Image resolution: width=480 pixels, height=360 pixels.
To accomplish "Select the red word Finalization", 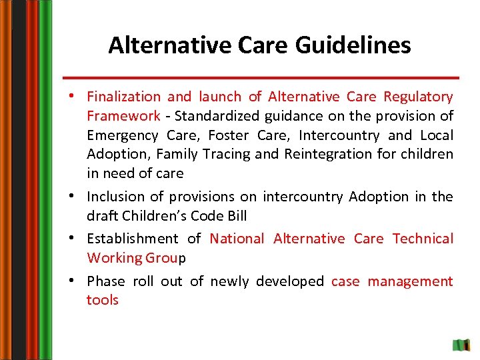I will (123, 97).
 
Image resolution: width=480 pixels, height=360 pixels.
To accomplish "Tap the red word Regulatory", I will (418, 97).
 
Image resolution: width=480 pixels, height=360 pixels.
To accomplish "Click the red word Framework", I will (123, 116).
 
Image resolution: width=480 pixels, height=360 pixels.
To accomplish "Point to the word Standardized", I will (217, 116).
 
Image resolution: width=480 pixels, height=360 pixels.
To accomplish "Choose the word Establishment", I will (133, 239).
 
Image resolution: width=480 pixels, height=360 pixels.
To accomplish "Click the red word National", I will (237, 239).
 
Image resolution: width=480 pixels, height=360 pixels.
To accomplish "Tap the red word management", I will (410, 281).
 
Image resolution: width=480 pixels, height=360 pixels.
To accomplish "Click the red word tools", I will (102, 300).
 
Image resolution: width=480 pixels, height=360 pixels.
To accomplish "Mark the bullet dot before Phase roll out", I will (78, 281).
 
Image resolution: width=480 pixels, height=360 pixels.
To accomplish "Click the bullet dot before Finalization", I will (78, 97).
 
